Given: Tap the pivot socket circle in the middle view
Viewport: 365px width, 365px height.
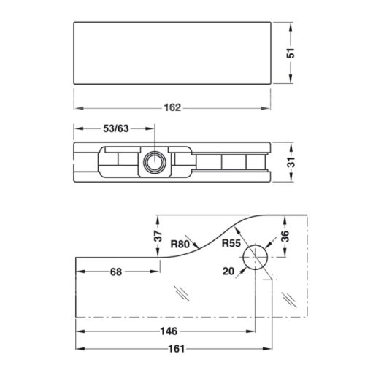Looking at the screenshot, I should (x=154, y=161).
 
